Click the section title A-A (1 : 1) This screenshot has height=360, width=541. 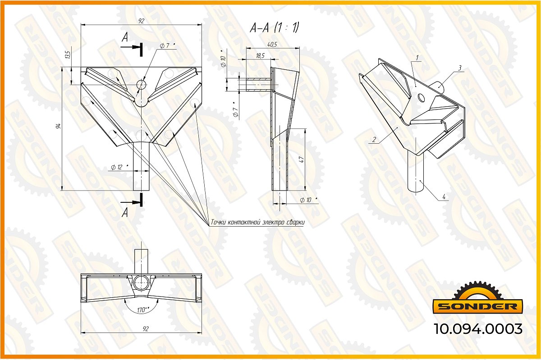275,27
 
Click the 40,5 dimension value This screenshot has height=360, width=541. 272,45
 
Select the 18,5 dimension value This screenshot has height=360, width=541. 260,55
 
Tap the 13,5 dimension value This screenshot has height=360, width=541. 69,55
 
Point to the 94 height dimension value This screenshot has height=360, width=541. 58,126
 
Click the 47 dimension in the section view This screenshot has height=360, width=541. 302,159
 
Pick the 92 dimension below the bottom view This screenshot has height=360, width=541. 146,328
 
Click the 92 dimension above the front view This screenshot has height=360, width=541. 141,21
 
